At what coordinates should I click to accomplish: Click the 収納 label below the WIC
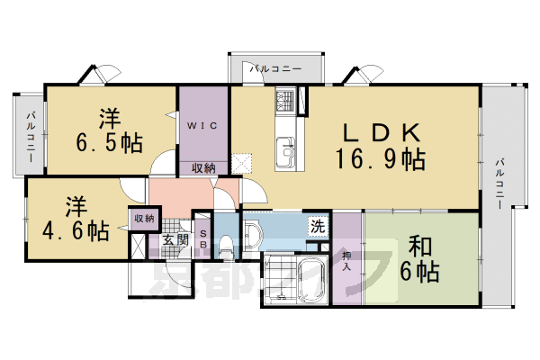203,168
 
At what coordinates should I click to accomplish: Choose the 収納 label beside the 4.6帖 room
144,218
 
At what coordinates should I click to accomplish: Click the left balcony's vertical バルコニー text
30,135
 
